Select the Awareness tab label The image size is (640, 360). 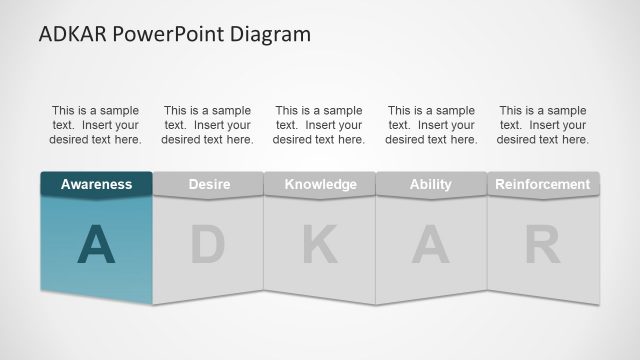(96, 184)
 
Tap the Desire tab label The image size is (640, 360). (209, 184)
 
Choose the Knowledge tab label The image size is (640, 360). (320, 184)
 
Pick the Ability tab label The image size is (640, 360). (431, 184)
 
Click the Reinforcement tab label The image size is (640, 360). (543, 184)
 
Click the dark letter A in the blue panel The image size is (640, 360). (96, 245)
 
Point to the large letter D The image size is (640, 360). (208, 245)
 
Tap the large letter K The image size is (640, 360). (320, 245)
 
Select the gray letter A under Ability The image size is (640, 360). (431, 245)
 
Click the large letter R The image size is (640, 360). (543, 245)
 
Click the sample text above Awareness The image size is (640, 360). (96, 125)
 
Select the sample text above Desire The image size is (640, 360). (208, 125)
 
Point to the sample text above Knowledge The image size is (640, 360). (319, 125)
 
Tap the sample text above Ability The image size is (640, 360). (431, 125)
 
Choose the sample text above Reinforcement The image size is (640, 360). (543, 125)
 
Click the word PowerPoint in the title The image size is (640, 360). (178, 34)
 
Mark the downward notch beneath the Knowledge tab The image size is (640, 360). (320, 198)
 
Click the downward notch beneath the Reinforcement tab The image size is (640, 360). (543, 198)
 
